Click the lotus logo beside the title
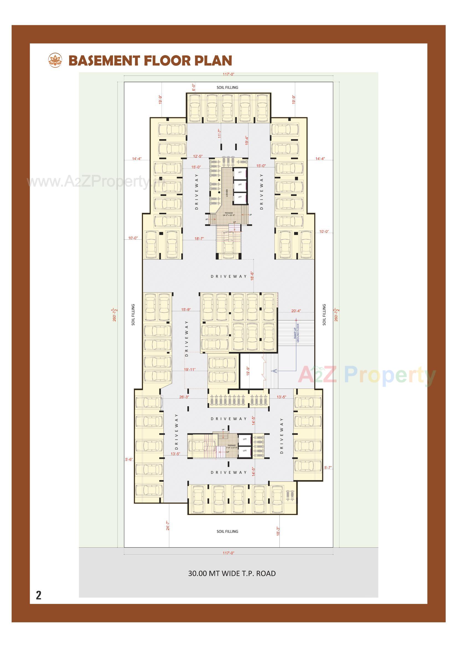coord(55,60)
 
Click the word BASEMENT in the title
coord(104,61)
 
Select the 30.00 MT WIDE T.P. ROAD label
coord(232,573)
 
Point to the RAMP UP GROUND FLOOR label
coord(296,333)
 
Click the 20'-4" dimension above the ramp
coord(296,311)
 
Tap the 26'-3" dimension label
coord(184,397)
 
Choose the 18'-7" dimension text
coord(199,238)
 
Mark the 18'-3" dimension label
coord(278,531)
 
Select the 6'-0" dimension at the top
coord(194,87)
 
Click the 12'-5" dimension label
coord(198,156)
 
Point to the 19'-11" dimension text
coord(189,369)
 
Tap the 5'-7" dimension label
coord(328,467)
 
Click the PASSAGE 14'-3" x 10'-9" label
coord(229,214)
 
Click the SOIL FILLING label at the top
coord(227,87)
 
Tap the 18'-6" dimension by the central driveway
coord(253,276)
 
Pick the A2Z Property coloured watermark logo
coord(367,375)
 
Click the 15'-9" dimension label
coord(186,309)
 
